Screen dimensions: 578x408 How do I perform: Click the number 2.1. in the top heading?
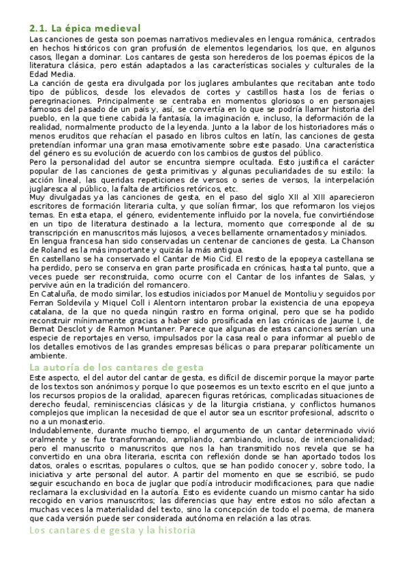click(38, 29)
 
